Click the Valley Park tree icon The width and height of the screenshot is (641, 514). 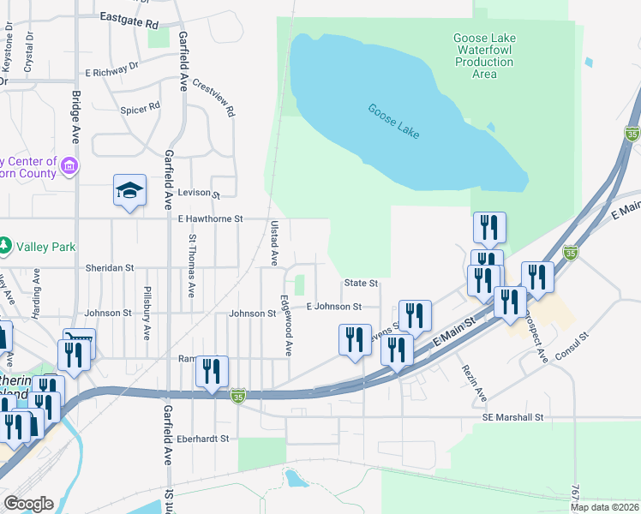(5, 246)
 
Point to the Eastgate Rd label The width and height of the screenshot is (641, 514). (129, 16)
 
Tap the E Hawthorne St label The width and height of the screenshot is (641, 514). (211, 219)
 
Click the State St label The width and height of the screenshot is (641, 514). (361, 283)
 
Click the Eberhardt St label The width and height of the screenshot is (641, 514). (204, 439)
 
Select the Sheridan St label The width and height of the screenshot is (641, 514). (110, 267)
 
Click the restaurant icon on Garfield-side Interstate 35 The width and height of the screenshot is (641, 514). (212, 371)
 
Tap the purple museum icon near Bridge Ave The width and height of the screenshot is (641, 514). (69, 165)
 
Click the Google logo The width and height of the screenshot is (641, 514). (28, 504)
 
